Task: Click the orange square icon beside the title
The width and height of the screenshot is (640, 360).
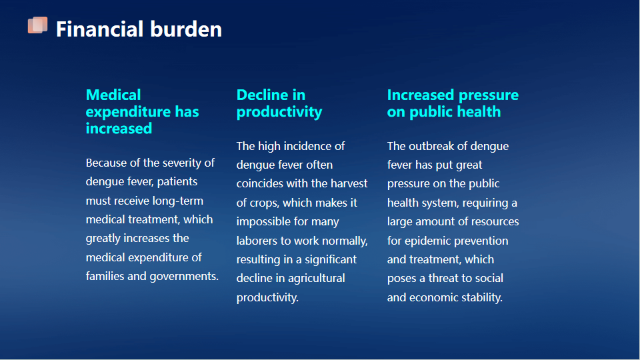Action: point(37,25)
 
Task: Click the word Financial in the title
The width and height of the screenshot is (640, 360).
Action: point(99,29)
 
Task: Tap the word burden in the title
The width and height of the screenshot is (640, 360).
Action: point(186,29)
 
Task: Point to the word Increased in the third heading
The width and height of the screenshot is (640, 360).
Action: point(421,95)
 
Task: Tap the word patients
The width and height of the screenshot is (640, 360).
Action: point(177,181)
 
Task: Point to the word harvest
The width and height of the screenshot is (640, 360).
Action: point(349,184)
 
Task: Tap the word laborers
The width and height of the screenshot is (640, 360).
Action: point(257,241)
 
